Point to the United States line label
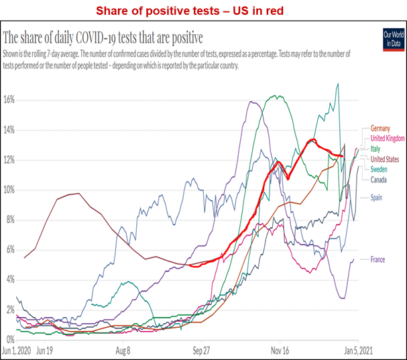click(385, 159)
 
